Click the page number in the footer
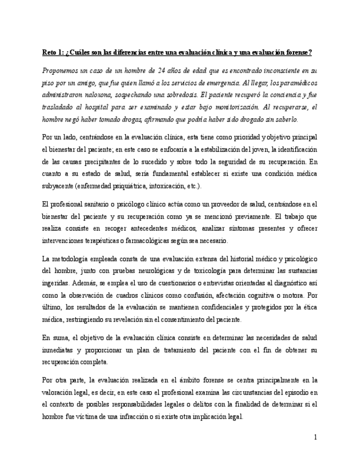[x=315, y=437]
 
